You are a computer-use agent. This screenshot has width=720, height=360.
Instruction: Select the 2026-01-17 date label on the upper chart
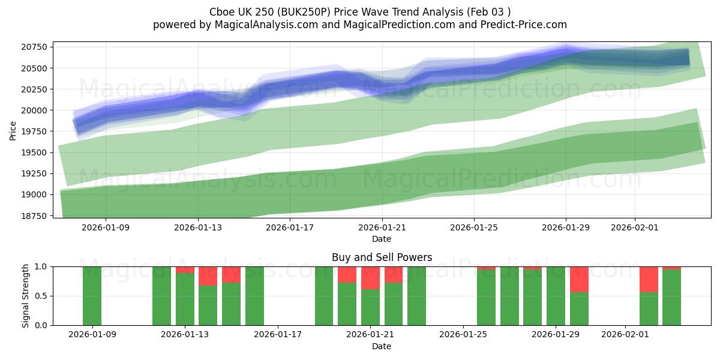tap(290, 227)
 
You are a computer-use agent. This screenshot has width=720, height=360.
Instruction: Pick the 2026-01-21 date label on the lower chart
tap(370, 335)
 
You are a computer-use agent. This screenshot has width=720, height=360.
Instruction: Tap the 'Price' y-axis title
tap(13, 130)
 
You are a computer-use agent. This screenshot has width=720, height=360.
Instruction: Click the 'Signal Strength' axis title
tap(25, 296)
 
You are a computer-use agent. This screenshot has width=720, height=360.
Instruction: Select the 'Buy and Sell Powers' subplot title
tap(382, 257)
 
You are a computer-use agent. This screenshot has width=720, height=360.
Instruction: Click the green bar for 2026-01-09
tap(92, 296)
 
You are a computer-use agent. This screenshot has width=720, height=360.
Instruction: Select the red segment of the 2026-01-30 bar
tap(579, 279)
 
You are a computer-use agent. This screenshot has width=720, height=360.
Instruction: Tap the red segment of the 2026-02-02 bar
tap(649, 279)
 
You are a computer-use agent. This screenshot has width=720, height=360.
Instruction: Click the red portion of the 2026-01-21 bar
tap(370, 278)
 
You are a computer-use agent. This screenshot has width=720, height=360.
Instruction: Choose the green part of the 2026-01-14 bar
tap(208, 305)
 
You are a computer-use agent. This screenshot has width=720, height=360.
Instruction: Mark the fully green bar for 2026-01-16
tap(254, 296)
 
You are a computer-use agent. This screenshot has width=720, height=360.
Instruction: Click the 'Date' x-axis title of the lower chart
tap(382, 346)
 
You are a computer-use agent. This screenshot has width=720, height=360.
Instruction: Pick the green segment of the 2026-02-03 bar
tap(671, 298)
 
